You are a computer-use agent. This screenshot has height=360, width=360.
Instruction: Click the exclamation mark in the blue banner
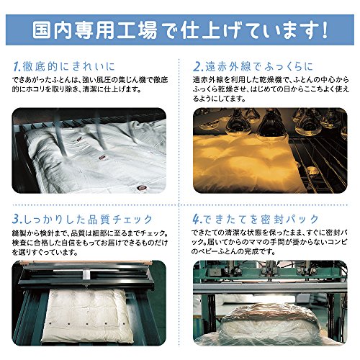coord(325,30)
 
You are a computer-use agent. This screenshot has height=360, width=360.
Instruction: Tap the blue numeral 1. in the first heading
coord(17,67)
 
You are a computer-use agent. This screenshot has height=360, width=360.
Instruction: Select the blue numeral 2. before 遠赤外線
coord(198,67)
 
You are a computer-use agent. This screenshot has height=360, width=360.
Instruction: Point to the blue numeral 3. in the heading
coord(17,220)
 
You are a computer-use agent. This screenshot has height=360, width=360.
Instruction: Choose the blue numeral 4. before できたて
coord(198,220)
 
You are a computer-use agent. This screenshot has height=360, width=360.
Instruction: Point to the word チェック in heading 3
coord(132,220)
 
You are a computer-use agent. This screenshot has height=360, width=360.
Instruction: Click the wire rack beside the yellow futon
coord(318,164)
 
